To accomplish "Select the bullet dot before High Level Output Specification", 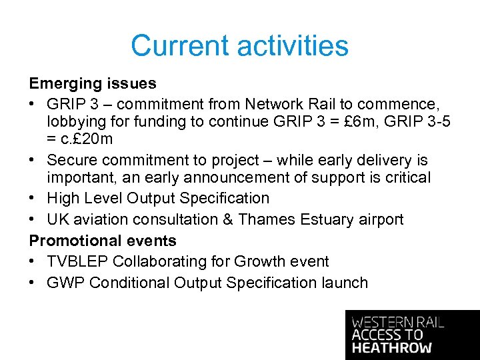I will [33, 199].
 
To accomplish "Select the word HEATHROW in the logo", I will [392, 348].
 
